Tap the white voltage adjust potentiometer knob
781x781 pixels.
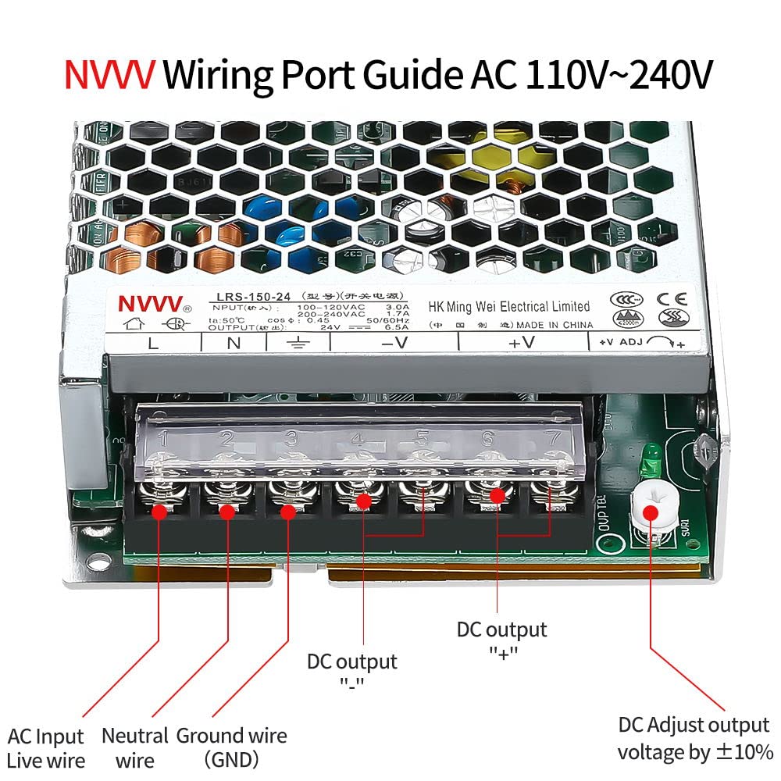click(648, 512)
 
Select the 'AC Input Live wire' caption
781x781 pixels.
click(45, 747)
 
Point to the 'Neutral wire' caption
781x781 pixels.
click(134, 747)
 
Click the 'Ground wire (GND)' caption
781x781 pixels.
click(231, 747)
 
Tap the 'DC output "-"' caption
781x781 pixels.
click(351, 672)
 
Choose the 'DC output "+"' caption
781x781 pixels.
click(501, 640)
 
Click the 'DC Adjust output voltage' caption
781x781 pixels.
click(694, 738)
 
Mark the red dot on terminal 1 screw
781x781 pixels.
click(159, 512)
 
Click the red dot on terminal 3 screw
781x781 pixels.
click(287, 512)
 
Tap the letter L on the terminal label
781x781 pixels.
click(154, 342)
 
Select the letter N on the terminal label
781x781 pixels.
click(232, 342)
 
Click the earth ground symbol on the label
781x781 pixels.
click(297, 342)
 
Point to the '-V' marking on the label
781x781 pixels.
click(394, 342)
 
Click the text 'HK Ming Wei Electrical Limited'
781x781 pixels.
click(508, 306)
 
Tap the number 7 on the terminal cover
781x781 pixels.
click(552, 437)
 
